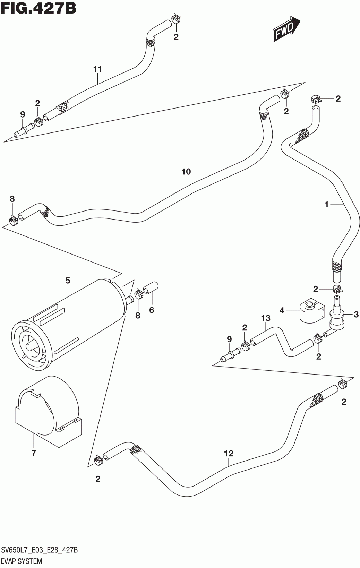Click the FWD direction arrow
pyautogui.click(x=285, y=29)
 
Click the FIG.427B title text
pyautogui.click(x=38, y=8)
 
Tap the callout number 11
pyautogui.click(x=98, y=69)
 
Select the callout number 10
pyautogui.click(x=186, y=172)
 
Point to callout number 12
pyautogui.click(x=229, y=453)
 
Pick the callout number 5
pyautogui.click(x=68, y=280)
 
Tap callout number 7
pyautogui.click(x=34, y=453)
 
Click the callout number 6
pyautogui.click(x=152, y=310)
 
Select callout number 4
pyautogui.click(x=282, y=310)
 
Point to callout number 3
pyautogui.click(x=356, y=315)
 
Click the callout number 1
pyautogui.click(x=326, y=205)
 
